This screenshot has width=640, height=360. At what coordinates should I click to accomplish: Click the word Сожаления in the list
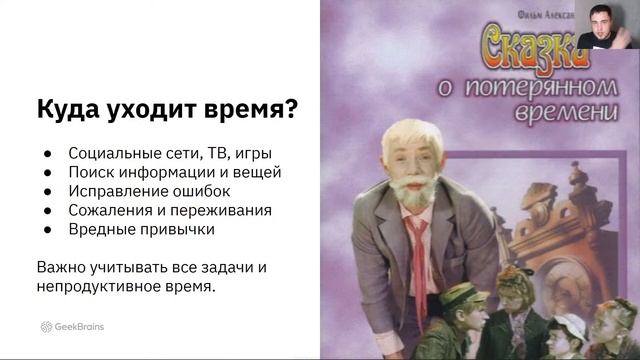110,210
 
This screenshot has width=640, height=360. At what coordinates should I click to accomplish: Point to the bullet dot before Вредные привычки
47,229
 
